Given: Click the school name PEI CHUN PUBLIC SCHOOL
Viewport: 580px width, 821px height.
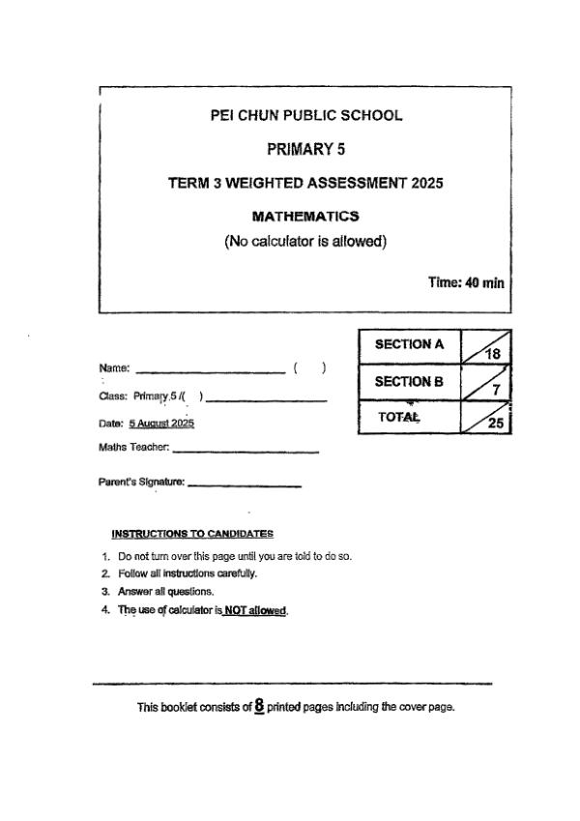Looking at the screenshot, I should coord(305,116).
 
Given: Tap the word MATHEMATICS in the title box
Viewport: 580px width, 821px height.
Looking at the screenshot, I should coord(305,216).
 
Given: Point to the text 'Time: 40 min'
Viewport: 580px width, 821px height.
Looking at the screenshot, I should coord(466,283).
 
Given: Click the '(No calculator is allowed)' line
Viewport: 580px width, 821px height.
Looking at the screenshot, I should coord(305,241).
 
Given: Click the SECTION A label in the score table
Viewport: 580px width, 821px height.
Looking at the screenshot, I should coord(409,344).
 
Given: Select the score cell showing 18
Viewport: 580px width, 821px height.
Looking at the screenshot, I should coord(486,346).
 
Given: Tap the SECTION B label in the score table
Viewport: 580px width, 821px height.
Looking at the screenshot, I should coord(409,382).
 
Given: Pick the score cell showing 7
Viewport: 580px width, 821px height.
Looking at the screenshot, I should coord(486,384).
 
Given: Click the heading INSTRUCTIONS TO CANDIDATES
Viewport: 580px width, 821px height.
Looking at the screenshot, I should coord(192,533).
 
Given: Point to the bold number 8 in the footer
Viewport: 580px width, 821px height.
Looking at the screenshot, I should coord(259,706).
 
